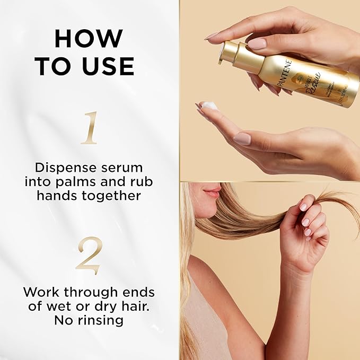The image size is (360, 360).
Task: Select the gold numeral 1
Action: pos(90,128)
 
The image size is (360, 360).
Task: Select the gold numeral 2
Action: pos(89,255)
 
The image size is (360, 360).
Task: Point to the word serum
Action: pos(117,168)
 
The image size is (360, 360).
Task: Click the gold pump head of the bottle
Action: pos(229,52)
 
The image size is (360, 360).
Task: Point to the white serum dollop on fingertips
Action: pos(210,106)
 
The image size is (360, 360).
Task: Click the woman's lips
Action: pos(212,192)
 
